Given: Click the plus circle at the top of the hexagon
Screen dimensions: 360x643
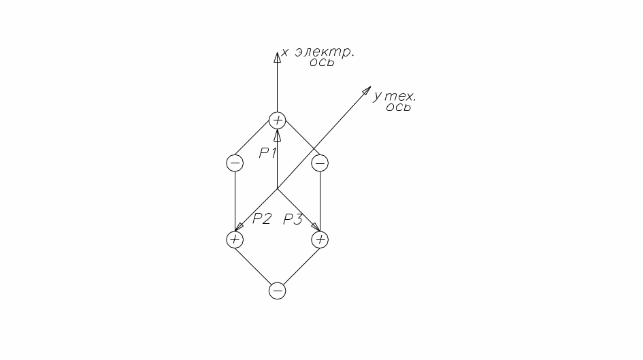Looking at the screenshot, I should [x=277, y=120].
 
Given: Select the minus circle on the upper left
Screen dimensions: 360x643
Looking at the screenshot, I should [x=234, y=163].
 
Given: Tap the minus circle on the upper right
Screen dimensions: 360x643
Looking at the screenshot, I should [x=320, y=163].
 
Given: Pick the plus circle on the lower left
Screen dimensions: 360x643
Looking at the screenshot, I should [x=234, y=240].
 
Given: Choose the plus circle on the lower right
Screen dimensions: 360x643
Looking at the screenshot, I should [x=320, y=240].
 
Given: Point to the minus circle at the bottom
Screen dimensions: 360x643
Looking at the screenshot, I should [x=277, y=291].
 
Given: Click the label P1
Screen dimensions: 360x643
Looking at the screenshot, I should [x=267, y=153].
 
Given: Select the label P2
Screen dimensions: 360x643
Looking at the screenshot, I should [x=262, y=218].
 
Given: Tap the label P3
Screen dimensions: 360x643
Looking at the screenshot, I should [x=293, y=218].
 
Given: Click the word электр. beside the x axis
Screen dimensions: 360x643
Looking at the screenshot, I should [x=325, y=52].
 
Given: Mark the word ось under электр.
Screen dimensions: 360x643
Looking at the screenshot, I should [x=322, y=63].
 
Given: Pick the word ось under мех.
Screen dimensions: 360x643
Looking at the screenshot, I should [x=398, y=108].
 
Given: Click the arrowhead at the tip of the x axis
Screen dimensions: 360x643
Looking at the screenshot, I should [x=277, y=56].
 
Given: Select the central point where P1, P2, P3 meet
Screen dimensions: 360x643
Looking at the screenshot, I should [x=277, y=189].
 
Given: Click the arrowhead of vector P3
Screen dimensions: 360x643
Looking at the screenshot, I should [x=315, y=227].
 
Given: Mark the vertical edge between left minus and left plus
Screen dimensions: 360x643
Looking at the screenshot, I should [x=234, y=201].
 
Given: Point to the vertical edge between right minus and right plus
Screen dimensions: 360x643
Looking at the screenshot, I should [x=320, y=201].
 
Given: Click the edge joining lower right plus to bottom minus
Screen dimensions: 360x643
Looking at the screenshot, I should [x=299, y=265].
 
